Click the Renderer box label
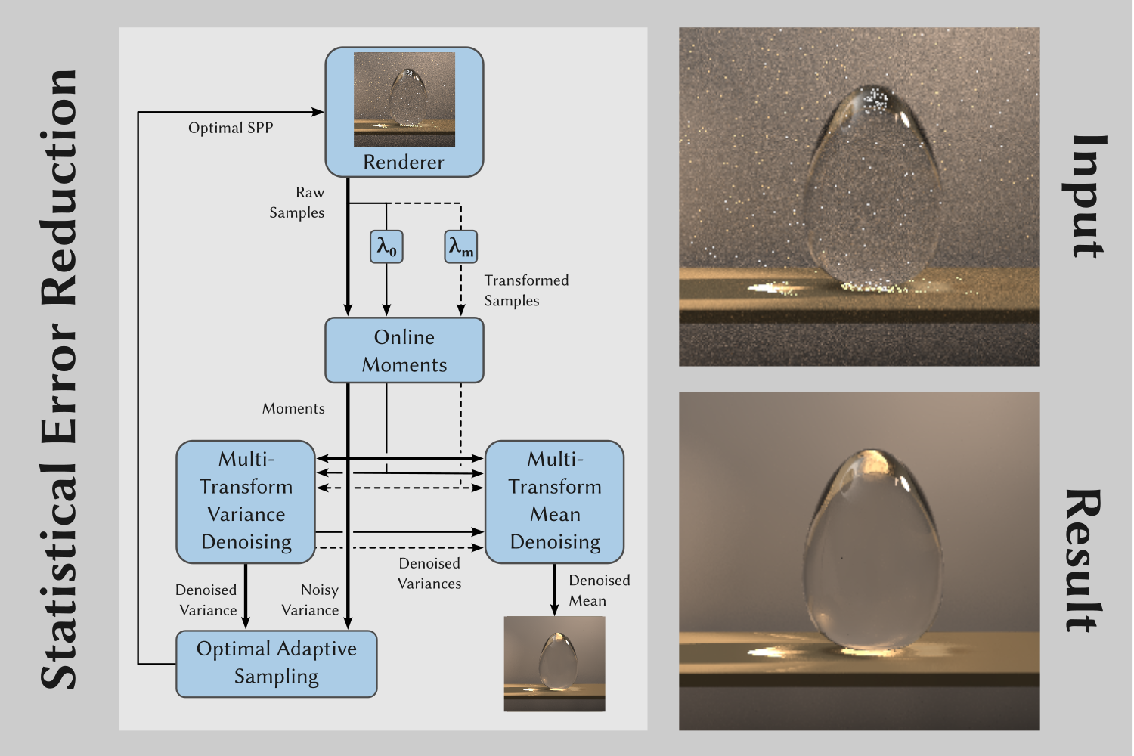[404, 163]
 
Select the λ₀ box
[386, 246]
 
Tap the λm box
[460, 246]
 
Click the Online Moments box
[404, 351]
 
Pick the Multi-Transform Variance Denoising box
[246, 501]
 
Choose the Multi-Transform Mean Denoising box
[555, 501]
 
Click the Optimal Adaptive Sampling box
[277, 663]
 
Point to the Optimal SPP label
[231, 128]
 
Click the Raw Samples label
[298, 203]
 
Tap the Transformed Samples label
[526, 290]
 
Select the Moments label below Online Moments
[293, 409]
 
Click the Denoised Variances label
[429, 573]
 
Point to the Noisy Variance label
[311, 600]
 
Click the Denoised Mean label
[599, 590]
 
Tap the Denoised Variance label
[206, 600]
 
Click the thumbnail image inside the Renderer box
[404, 100]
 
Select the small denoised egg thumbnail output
[555, 664]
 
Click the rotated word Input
[1089, 197]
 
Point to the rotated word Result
[1083, 560]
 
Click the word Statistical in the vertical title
[59, 575]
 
